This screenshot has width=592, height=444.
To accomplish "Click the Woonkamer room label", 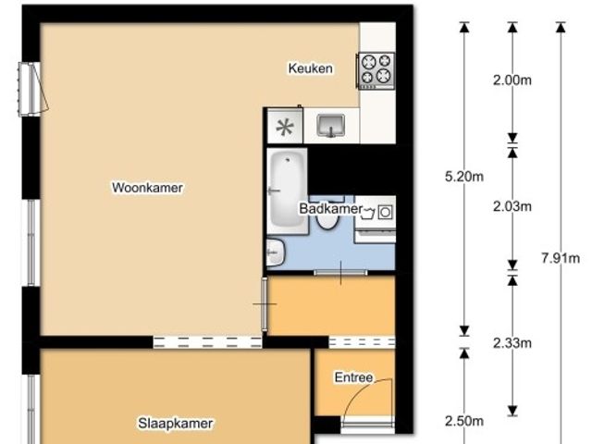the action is tap(147, 188).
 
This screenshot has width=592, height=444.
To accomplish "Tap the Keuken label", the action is tap(311, 68).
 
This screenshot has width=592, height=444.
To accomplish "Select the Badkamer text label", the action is tap(331, 208).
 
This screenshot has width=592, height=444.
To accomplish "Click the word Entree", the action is tap(353, 377).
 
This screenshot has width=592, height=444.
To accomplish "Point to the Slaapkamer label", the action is tap(176, 424).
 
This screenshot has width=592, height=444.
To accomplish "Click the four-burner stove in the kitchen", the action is tap(376, 71).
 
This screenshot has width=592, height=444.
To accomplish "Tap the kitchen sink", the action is tap(331, 126).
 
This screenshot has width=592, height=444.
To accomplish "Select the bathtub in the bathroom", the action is tap(287, 191).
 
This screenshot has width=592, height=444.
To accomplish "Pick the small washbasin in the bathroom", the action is tap(276, 252).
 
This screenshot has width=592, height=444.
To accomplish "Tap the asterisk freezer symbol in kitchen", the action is tap(285, 127).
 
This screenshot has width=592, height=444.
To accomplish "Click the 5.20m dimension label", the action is tap(464, 177).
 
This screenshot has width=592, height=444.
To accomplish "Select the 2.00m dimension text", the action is tap(512, 80).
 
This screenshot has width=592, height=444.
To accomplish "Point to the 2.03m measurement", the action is tap(512, 206).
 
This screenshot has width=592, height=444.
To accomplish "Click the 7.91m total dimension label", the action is tap(561, 258).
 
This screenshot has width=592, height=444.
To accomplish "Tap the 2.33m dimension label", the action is tap(512, 343).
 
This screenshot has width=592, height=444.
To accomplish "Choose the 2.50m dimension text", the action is tap(464, 421).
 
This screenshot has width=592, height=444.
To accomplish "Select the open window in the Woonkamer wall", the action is tap(33, 89).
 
